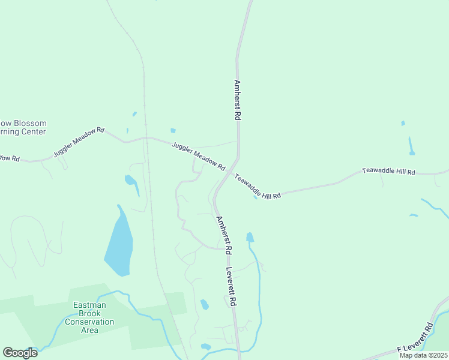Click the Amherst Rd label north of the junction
238,100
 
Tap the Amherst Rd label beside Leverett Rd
224,234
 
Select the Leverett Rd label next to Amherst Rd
231,287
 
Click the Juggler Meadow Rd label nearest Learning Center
79,142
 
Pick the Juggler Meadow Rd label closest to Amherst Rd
198,155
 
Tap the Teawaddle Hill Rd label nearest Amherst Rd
258,187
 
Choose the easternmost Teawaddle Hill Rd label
388,172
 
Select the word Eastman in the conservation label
89,305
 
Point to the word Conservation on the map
89,322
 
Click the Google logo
20,352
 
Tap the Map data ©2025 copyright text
423,355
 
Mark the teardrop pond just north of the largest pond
131,181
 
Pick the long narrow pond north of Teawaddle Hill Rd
411,146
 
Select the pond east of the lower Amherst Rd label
250,237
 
